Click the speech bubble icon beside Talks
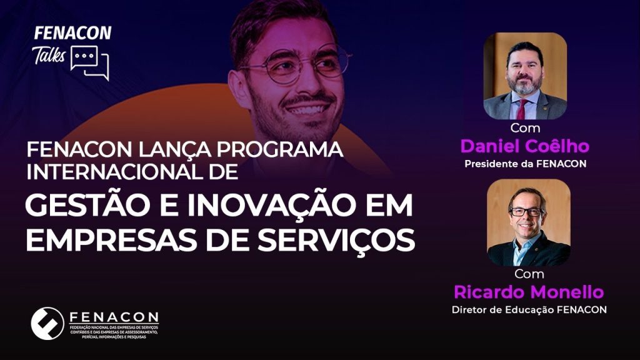90,62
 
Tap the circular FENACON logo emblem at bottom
47,323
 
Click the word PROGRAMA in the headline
279,149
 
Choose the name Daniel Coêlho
525,146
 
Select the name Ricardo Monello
529,292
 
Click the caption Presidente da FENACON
525,164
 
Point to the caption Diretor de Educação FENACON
529,309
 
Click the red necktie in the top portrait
522,109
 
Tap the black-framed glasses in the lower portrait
526,212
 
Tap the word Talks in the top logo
49,55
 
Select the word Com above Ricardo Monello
529,274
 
